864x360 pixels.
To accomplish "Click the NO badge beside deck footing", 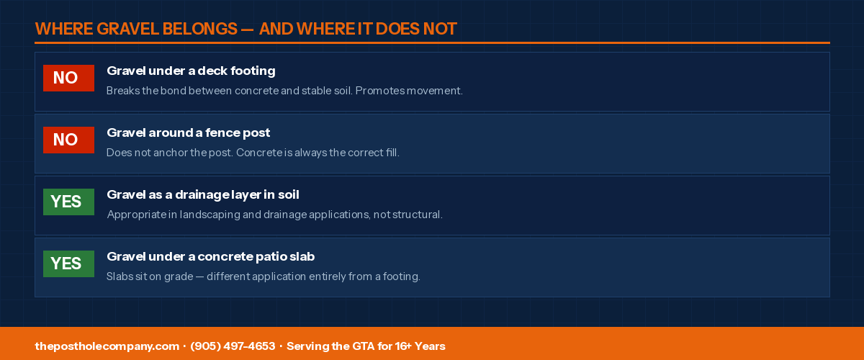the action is (x=68, y=78).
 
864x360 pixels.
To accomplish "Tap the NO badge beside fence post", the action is (x=68, y=140).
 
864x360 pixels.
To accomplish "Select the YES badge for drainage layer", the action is (x=68, y=202).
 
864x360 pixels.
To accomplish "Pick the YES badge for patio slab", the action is (x=68, y=264).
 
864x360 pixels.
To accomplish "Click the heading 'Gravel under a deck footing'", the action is (x=191, y=71).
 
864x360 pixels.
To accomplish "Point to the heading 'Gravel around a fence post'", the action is (x=188, y=132).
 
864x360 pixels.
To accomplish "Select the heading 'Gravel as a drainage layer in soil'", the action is (x=203, y=195).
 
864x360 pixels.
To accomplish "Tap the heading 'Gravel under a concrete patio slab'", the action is (x=210, y=256).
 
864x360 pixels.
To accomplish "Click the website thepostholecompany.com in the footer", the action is (x=107, y=346).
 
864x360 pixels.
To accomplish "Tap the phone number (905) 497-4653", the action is (x=233, y=346).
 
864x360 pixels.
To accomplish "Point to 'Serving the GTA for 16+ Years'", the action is (x=366, y=346).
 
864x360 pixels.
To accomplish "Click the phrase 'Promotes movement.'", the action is (x=409, y=91).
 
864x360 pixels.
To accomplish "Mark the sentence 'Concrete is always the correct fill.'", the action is (x=318, y=153).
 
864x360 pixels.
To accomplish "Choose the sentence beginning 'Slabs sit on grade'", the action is (x=264, y=276).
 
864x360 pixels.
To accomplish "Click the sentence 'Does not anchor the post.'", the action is (x=170, y=153).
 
